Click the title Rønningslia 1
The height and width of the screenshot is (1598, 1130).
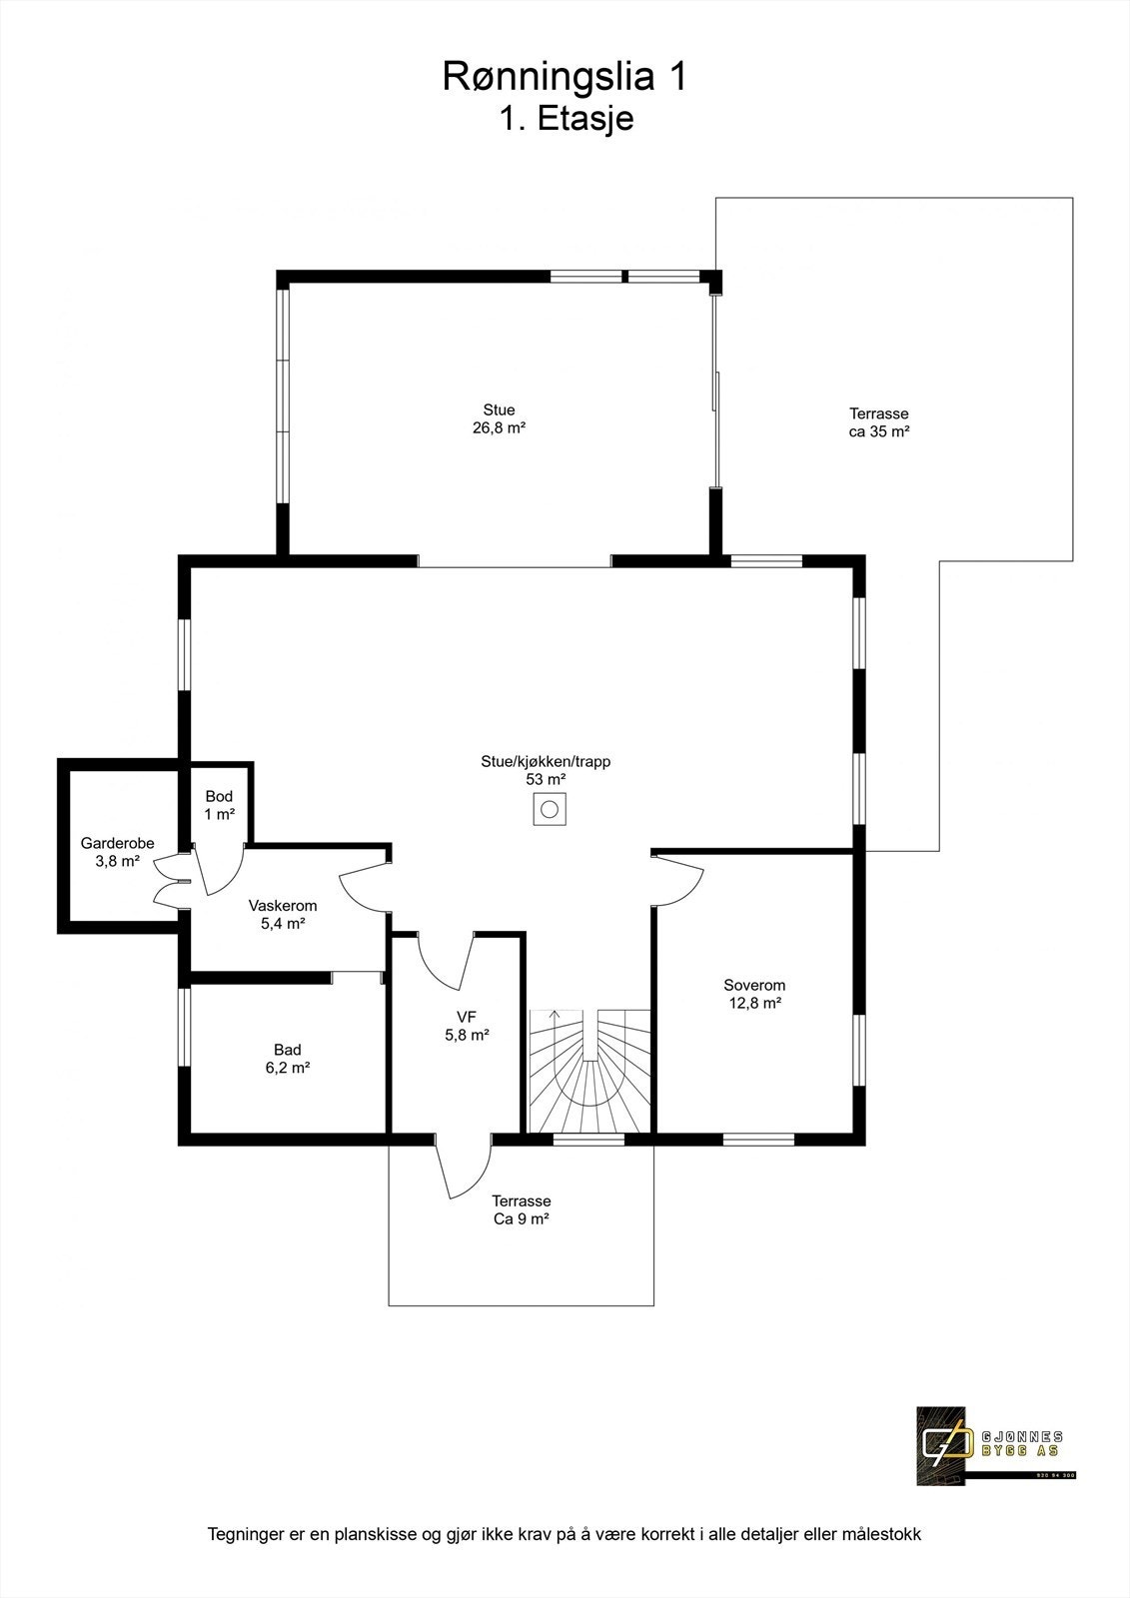565,78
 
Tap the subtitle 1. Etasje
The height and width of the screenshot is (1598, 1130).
565,119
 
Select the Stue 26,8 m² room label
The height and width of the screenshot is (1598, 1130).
499,418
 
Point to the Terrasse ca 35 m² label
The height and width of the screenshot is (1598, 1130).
878,422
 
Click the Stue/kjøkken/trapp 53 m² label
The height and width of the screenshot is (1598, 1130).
545,770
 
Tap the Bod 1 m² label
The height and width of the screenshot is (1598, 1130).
219,805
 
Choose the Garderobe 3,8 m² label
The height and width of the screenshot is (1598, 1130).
117,852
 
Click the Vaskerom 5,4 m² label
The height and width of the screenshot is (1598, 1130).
282,915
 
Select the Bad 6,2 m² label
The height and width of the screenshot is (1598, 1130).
287,1059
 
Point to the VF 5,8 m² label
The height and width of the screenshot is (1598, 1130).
466,1026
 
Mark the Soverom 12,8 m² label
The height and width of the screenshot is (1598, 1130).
753,994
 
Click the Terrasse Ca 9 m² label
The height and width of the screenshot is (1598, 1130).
521,1210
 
